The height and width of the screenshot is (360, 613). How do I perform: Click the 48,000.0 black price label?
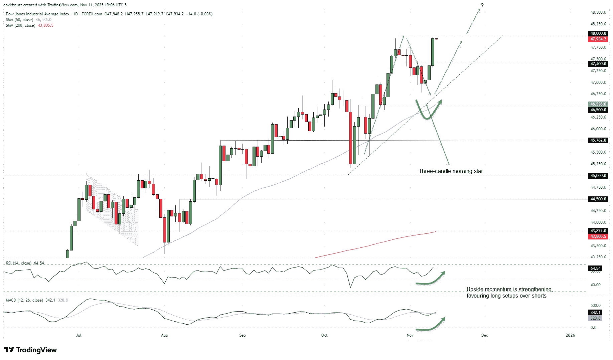click(598, 33)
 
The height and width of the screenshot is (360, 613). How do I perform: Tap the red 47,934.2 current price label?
click(598, 39)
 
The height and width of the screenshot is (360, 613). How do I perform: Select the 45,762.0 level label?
click(598, 140)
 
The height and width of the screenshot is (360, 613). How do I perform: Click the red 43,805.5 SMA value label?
click(598, 236)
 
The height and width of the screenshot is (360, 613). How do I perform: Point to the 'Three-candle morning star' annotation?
click(451, 171)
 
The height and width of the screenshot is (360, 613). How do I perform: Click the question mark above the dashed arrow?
click(482, 5)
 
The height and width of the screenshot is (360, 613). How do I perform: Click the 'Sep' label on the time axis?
click(243, 335)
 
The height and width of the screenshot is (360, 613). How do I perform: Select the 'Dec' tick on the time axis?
click(484, 335)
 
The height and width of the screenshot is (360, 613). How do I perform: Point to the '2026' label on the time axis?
click(570, 335)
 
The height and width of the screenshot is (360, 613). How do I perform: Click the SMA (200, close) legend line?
click(29, 25)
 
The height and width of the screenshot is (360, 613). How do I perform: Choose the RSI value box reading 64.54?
click(595, 268)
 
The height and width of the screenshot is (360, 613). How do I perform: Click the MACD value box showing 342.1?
click(595, 313)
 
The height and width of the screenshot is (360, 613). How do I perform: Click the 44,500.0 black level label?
click(598, 199)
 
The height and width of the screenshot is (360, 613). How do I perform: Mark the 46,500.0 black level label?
click(598, 110)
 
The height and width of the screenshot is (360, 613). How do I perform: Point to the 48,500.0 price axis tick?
click(598, 12)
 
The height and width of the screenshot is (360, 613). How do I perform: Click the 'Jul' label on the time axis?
click(79, 335)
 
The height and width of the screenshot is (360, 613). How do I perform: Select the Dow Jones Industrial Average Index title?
click(37, 14)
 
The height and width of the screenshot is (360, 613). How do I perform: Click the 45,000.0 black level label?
click(598, 176)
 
